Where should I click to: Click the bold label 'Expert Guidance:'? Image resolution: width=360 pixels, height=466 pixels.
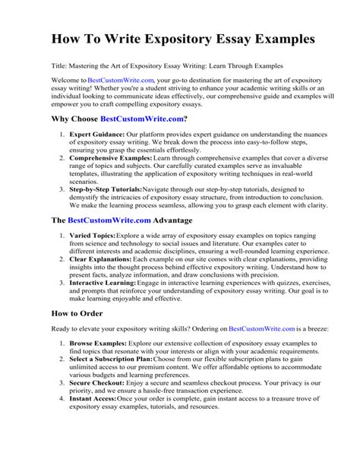[95, 135]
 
